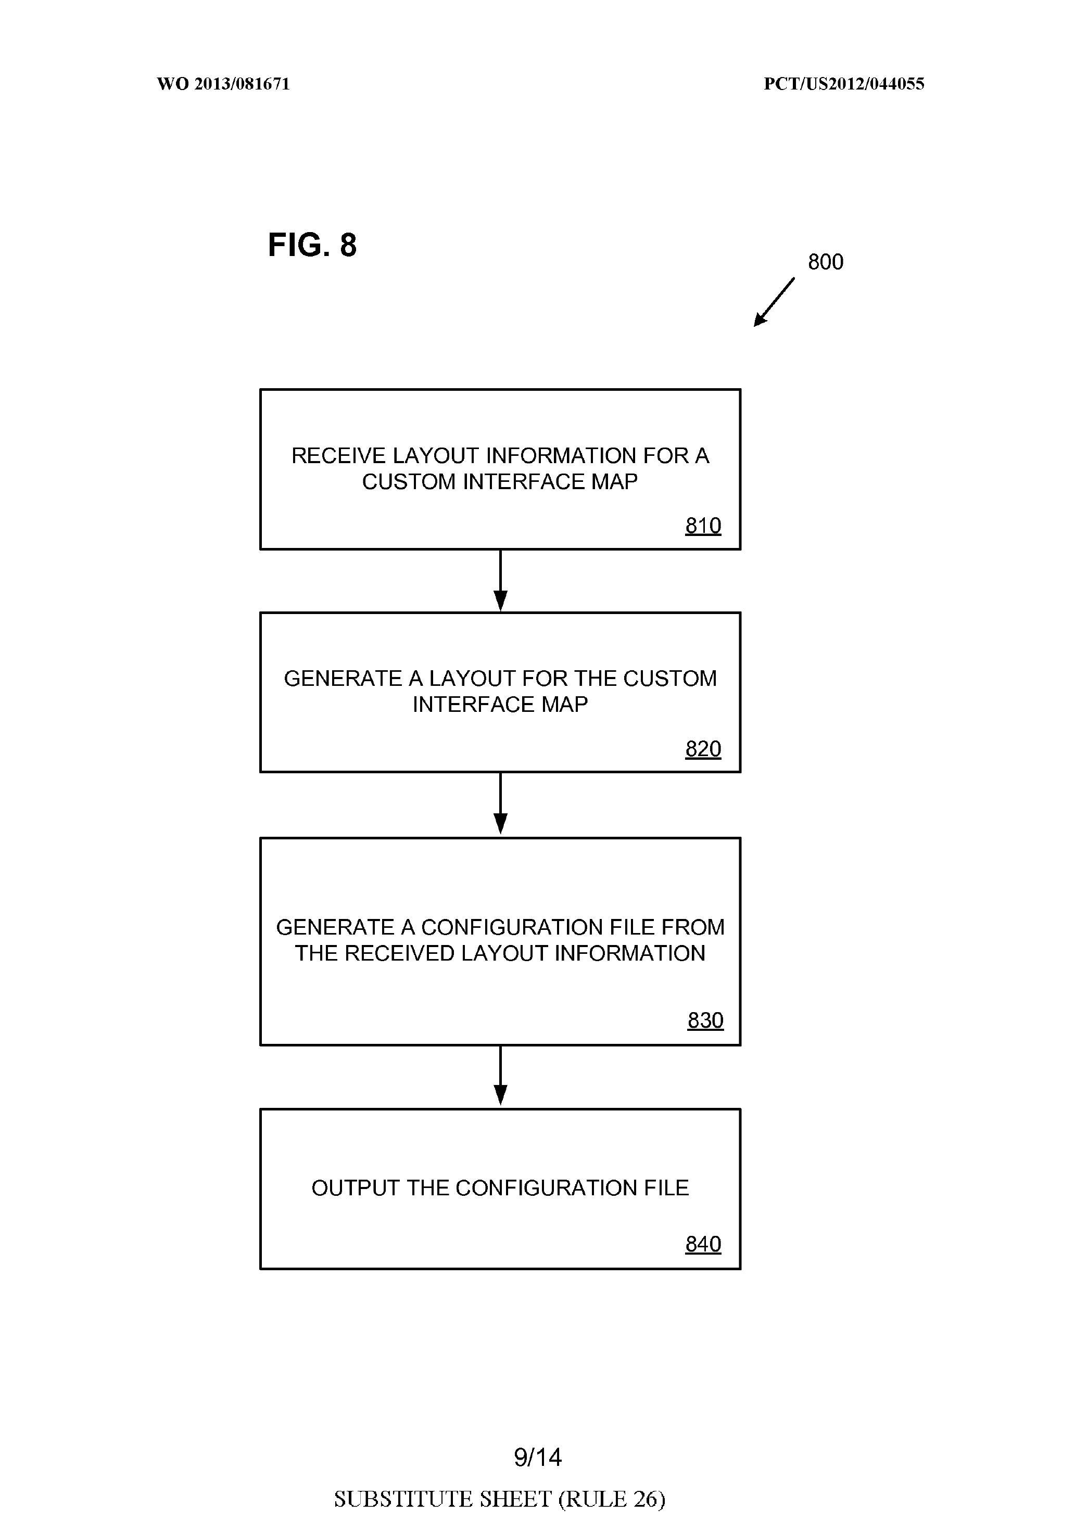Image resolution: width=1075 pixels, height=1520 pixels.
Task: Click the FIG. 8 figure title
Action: pos(312,245)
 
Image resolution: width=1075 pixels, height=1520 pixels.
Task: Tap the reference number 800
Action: pos(825,262)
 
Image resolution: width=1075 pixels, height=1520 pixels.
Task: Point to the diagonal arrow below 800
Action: pos(774,302)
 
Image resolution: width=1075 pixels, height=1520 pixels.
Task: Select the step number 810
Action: pos(703,526)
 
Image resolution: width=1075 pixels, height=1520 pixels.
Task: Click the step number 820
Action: pos(703,749)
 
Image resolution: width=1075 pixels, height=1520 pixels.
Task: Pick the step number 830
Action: pos(705,1020)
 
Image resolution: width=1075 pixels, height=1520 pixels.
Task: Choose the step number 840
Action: pos(703,1244)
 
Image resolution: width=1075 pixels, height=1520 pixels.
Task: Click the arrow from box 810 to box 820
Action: pos(501,581)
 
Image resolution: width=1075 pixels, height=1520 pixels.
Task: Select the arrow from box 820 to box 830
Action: pos(501,803)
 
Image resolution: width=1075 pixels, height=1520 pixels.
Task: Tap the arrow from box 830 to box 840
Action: pos(501,1076)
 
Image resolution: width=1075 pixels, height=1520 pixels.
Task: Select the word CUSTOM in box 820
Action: pos(669,679)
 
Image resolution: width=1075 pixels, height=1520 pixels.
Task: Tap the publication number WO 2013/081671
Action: pos(223,84)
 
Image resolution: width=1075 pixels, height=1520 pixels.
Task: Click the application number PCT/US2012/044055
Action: pos(843,84)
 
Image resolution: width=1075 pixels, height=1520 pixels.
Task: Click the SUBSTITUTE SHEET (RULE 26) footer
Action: pos(499,1499)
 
